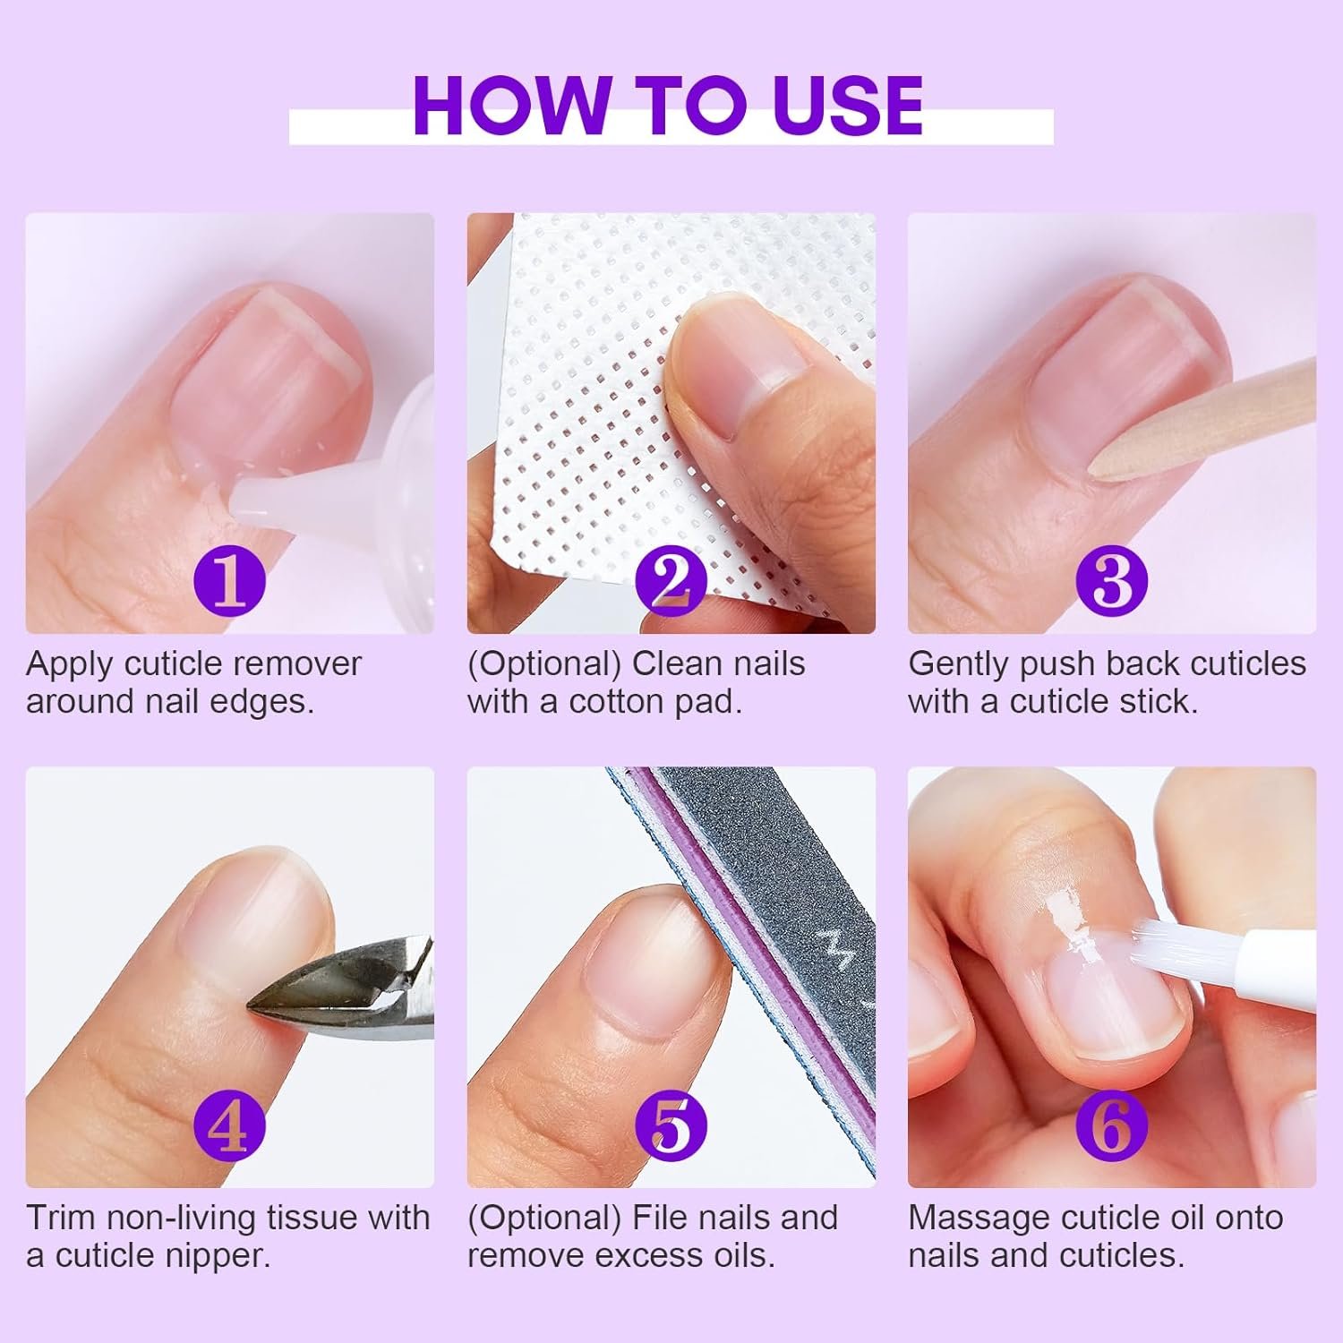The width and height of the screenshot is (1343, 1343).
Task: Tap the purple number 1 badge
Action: pos(230,581)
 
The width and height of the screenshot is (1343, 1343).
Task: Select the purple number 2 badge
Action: pos(671,583)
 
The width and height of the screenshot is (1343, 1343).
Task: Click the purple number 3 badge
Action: pos(1112,581)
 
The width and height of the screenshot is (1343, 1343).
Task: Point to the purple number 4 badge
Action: pos(229,1126)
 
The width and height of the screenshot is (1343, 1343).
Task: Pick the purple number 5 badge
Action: pos(671,1126)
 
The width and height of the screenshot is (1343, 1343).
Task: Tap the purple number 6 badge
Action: pos(1111,1126)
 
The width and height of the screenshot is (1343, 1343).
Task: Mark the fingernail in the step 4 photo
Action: pos(251,913)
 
